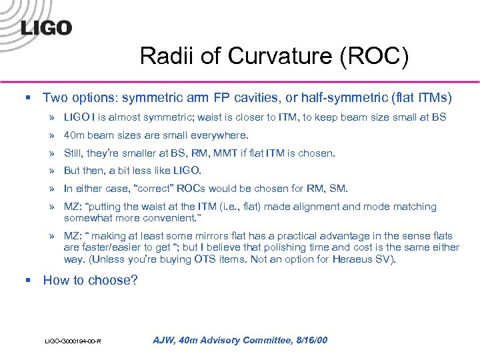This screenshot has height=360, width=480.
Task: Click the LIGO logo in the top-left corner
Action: tap(46, 27)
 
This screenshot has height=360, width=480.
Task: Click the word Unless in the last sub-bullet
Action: tap(108, 259)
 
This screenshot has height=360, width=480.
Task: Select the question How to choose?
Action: tap(90, 280)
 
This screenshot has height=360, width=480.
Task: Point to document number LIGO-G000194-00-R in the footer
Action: tap(73, 342)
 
